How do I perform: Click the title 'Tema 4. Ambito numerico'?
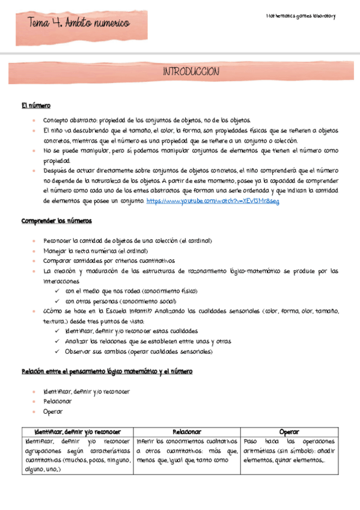(79, 23)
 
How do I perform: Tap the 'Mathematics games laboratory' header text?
(300, 15)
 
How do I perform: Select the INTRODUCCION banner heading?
(191, 72)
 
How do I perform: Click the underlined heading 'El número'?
(36, 106)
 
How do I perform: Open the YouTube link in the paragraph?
(212, 201)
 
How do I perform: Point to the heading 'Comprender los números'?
(56, 221)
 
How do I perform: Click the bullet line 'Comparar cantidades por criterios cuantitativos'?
(108, 260)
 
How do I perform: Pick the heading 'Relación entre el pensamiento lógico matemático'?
(106, 372)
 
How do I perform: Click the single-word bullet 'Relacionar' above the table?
(57, 401)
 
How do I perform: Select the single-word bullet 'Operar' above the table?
(52, 411)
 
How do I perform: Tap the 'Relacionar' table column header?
(187, 432)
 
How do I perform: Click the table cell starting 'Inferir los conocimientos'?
(187, 451)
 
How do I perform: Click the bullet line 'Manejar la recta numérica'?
(95, 250)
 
